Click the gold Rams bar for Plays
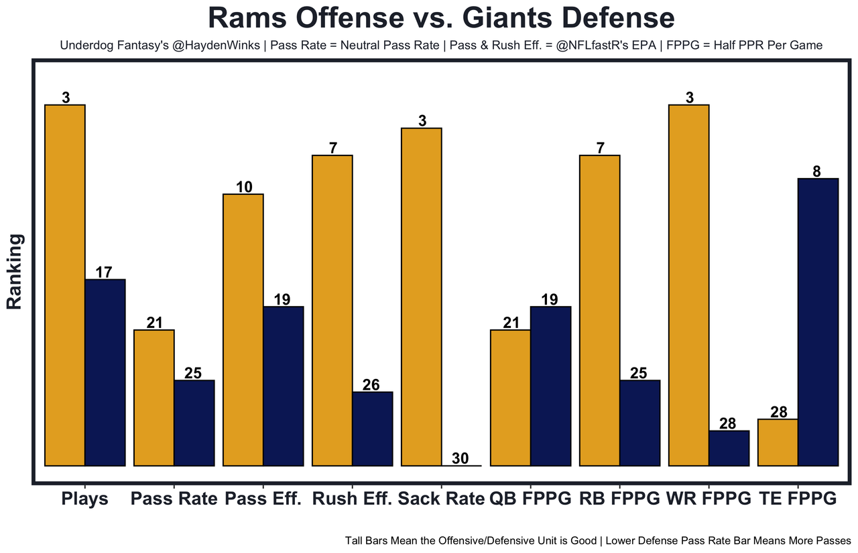tap(65, 285)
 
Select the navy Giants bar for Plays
tap(105, 372)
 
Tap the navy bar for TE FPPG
tap(818, 321)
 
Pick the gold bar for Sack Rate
tap(422, 297)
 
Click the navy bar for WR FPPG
tap(729, 448)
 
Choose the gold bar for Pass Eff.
tap(243, 329)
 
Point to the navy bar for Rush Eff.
tap(373, 428)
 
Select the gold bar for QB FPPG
tap(511, 398)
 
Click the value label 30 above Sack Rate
tap(461, 459)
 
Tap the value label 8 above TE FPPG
tap(816, 171)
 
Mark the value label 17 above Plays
tap(104, 272)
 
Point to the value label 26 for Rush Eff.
tap(371, 385)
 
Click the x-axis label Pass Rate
tap(174, 499)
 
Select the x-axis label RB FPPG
tap(619, 499)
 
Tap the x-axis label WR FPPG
tap(710, 499)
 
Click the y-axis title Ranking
tap(15, 270)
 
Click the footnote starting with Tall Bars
tap(598, 540)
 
